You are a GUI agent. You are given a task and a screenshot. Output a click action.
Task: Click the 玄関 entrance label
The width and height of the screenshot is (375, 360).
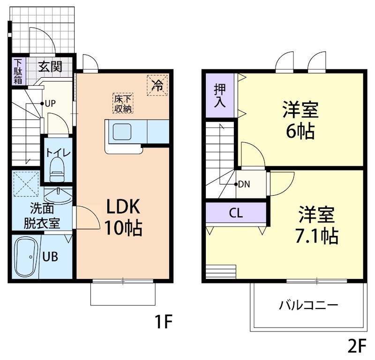pos(50,66)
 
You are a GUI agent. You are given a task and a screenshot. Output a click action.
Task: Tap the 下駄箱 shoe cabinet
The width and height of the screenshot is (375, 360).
pos(18,71)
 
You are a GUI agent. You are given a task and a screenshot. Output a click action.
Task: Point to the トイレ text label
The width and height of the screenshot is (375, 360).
pos(58,153)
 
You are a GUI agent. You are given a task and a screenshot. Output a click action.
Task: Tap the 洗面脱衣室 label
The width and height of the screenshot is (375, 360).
pos(42,215)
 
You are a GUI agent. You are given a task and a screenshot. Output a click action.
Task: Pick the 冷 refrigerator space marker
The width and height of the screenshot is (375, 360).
pos(157,85)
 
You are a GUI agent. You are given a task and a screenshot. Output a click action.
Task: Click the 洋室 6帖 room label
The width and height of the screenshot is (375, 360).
pos(300,120)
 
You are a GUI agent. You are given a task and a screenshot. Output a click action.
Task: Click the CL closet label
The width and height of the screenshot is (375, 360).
pos(236,213)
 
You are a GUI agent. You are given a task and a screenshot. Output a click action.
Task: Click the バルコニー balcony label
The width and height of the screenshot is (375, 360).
pos(308,306)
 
